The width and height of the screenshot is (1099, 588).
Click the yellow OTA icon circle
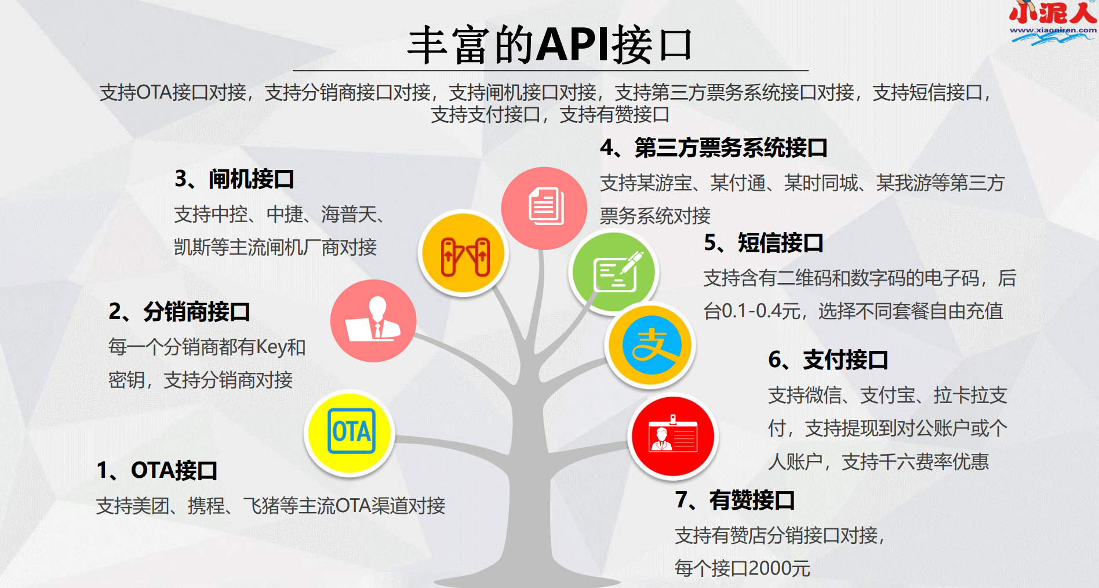tap(350, 433)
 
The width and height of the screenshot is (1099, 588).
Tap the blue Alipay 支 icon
tap(650, 346)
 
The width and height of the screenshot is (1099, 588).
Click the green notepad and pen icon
tap(614, 272)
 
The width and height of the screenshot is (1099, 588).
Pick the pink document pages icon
tap(544, 208)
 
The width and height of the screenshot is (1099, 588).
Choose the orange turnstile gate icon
tap(464, 254)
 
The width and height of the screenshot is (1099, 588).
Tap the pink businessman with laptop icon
tap(373, 321)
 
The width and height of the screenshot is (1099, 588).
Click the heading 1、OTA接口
tap(157, 470)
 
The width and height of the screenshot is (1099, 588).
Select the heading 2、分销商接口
tap(179, 312)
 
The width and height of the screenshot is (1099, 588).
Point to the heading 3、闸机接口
tap(234, 179)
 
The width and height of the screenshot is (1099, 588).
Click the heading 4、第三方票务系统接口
tap(714, 148)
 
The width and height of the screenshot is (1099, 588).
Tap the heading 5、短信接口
tap(763, 243)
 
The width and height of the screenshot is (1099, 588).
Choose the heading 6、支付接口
tap(828, 360)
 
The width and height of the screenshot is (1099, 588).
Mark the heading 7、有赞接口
tap(735, 500)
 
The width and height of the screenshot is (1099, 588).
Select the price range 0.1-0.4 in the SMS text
tap(752, 311)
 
